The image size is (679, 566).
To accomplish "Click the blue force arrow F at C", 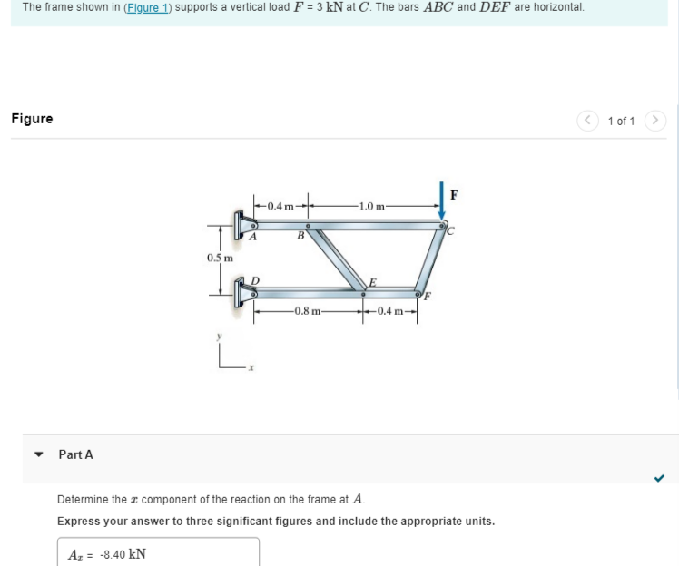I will point(442,201).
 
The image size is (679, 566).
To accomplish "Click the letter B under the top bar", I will point(300,238).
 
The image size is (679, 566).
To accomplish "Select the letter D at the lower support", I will point(256,280).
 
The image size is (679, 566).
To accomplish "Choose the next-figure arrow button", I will point(655,120).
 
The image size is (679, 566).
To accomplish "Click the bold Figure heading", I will point(32,119).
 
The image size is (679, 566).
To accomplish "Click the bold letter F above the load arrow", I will point(455,193).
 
